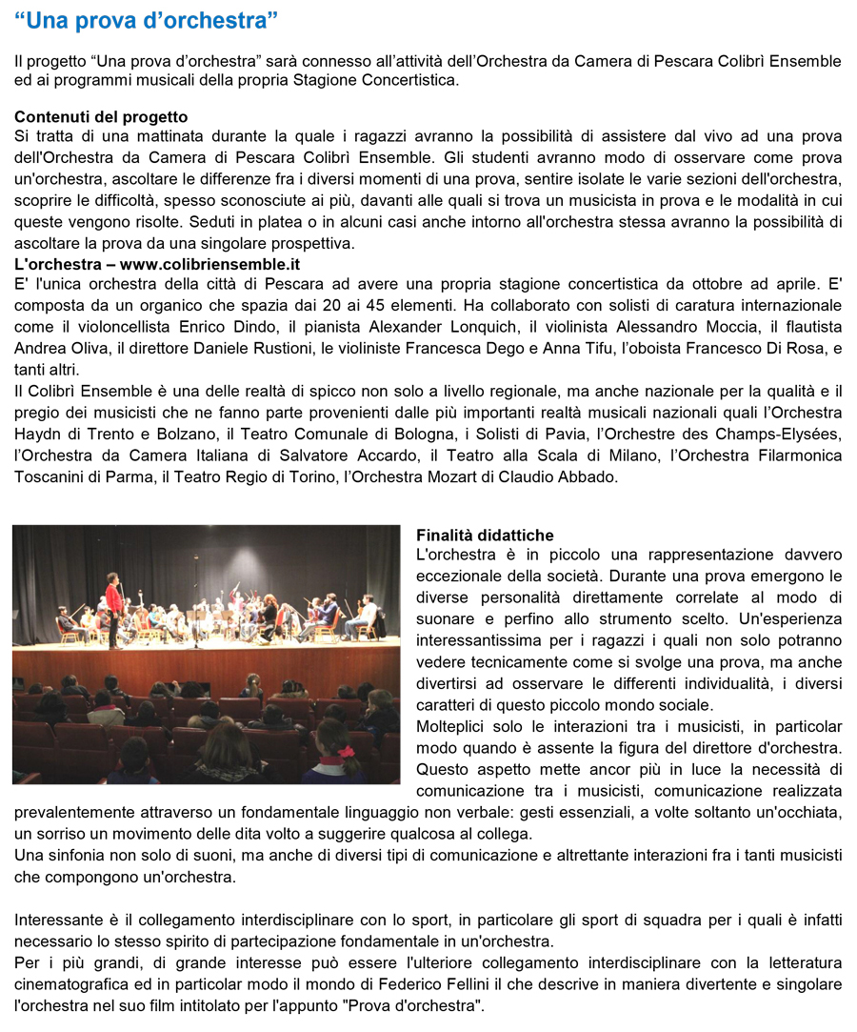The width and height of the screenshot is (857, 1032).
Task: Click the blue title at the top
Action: (x=147, y=19)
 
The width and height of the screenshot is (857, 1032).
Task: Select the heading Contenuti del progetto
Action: (x=101, y=117)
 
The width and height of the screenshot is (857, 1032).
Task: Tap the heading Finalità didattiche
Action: (x=485, y=536)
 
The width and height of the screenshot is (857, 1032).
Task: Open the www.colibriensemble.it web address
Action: (x=209, y=263)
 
